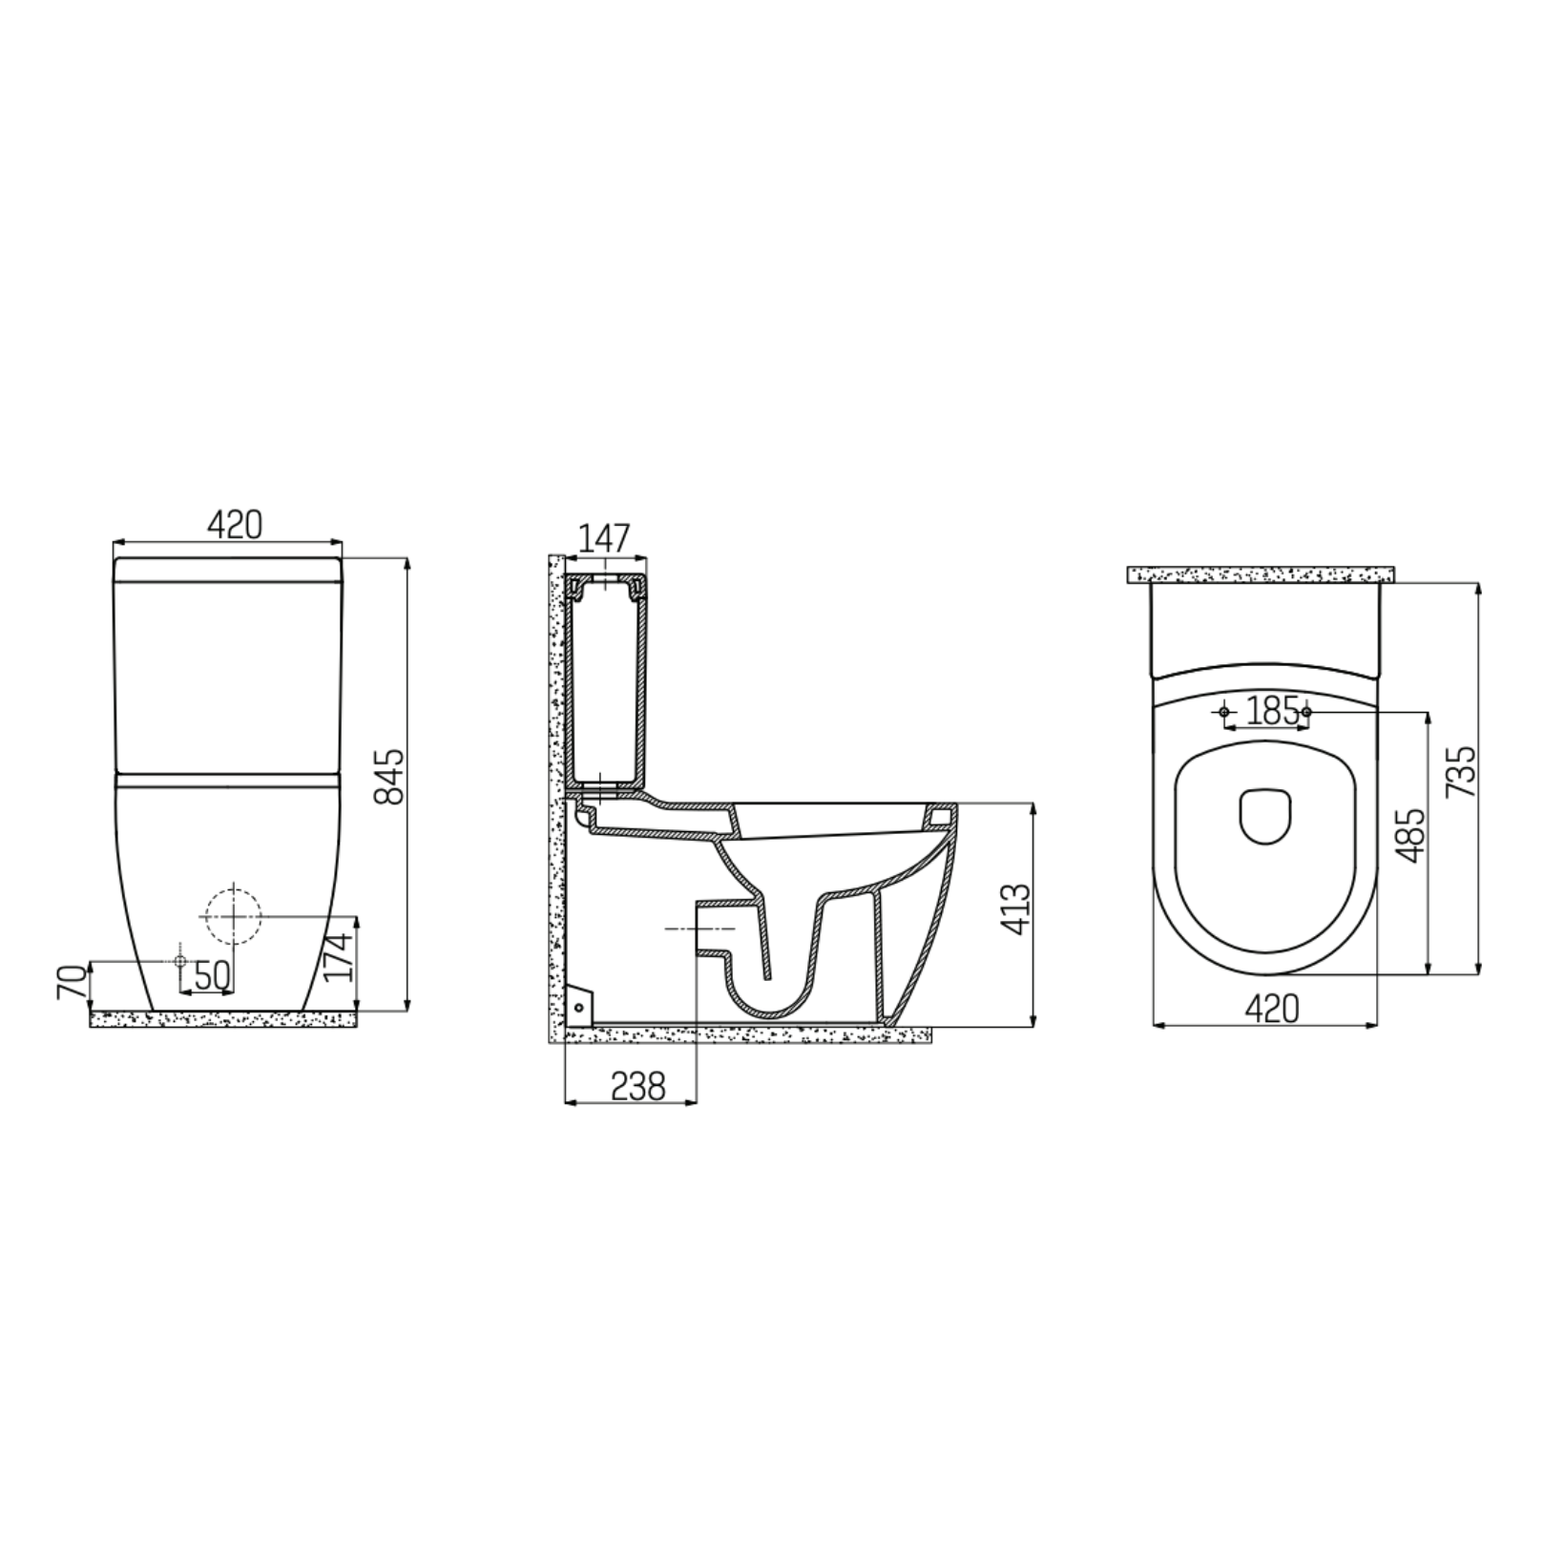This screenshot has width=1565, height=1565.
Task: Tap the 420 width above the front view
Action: (235, 524)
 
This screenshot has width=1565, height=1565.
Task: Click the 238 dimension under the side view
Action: (636, 1086)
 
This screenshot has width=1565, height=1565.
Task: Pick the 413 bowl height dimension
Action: (1017, 909)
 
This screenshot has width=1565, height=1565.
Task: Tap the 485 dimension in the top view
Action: (1408, 836)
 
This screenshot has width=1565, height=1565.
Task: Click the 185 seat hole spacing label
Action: (1273, 710)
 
